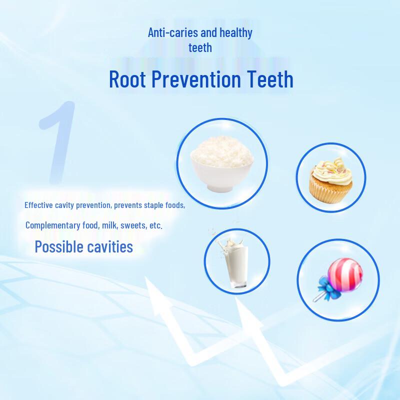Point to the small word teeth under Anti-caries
tap(200, 48)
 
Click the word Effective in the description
tap(39, 205)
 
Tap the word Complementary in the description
tap(53, 225)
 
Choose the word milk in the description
tap(109, 225)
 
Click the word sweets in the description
tap(132, 225)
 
